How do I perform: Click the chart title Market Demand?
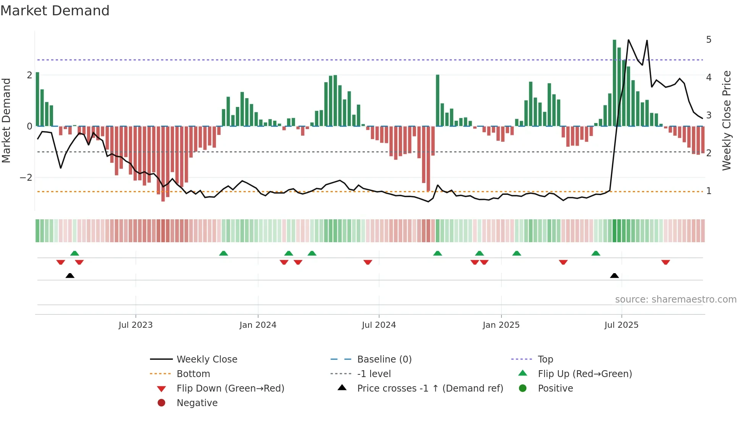click(55, 11)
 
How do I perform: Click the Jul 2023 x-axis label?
click(135, 325)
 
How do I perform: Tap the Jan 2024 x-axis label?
click(258, 325)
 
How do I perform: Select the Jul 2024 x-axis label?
click(379, 325)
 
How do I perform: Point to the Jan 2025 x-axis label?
click(501, 325)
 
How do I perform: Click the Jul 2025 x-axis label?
click(621, 325)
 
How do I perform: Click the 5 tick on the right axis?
click(709, 40)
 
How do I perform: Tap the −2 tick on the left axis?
click(26, 178)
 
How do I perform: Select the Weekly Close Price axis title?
click(727, 120)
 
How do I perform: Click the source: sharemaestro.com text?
click(675, 300)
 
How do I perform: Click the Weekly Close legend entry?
click(206, 359)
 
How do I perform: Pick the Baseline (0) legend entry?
click(384, 359)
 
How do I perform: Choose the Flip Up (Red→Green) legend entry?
click(585, 374)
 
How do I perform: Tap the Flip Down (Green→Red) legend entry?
click(230, 389)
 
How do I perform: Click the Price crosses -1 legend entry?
click(430, 389)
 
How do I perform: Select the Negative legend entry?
click(197, 403)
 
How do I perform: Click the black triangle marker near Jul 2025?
click(614, 276)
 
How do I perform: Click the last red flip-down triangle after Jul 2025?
click(666, 262)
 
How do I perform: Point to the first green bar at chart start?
click(37, 99)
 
